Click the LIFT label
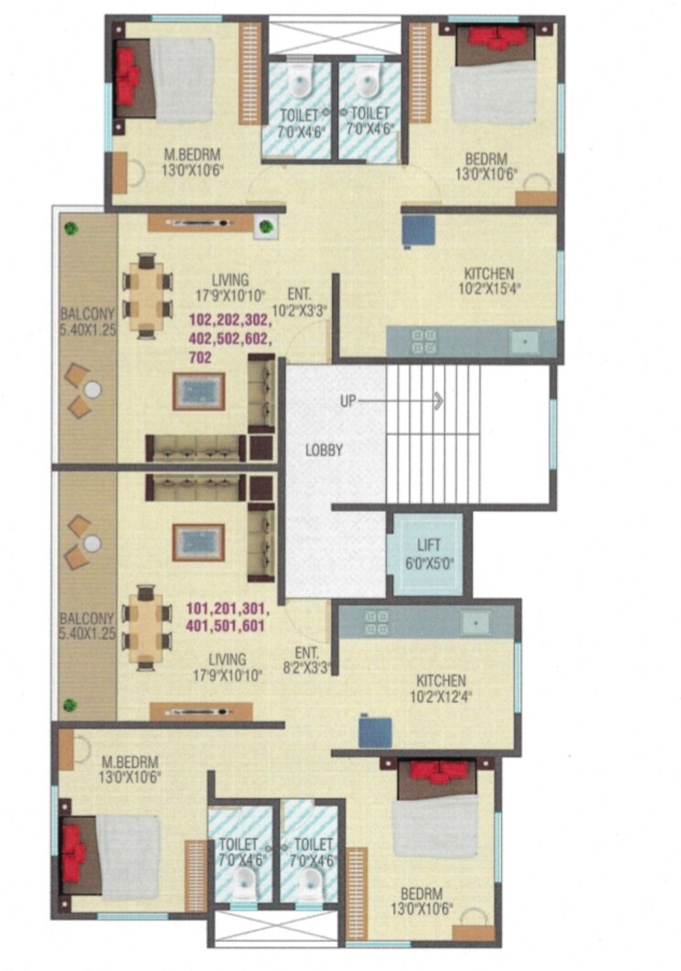point(428,546)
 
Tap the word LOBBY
point(324,450)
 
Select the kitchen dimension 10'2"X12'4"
point(441,697)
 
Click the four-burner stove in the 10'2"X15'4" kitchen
point(423,341)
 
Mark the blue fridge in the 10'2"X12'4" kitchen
point(375,731)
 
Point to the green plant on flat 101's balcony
point(70,705)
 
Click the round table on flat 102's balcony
point(90,389)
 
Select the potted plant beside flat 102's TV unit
point(264,225)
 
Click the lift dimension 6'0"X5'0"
point(428,563)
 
